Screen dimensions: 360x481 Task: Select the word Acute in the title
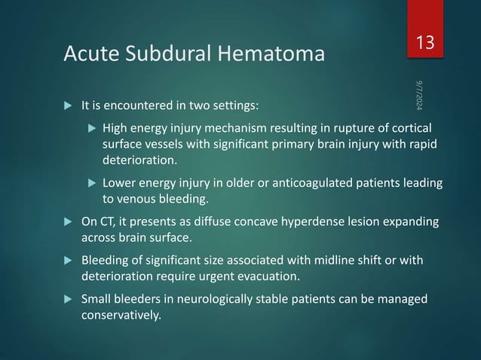coord(91,54)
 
